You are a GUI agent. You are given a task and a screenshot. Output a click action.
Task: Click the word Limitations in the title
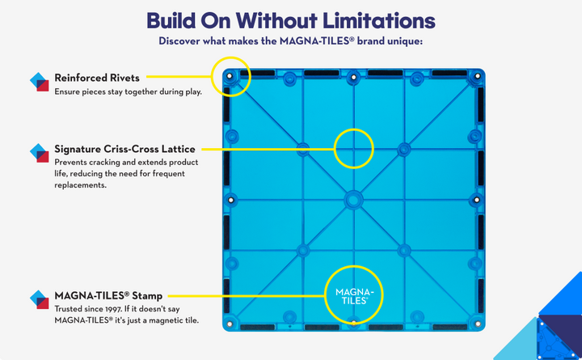click(378, 21)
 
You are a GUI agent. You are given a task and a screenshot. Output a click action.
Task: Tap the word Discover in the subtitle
click(179, 41)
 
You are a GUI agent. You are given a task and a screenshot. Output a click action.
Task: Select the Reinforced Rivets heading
click(97, 78)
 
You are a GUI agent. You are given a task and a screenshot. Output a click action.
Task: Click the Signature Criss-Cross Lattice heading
click(124, 149)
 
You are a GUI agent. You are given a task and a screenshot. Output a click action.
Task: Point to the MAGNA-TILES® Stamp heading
click(108, 296)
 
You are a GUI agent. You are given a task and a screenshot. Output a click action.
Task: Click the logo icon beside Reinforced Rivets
click(40, 82)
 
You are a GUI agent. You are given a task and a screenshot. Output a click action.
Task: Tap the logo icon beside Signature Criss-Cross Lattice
click(40, 153)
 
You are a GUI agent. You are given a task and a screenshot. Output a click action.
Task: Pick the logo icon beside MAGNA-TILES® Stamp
click(40, 299)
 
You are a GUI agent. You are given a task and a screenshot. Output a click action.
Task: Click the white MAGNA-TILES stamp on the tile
click(354, 296)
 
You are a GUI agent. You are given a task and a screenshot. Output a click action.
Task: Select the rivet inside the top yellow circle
click(230, 76)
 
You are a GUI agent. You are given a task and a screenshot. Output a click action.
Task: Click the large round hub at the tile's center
click(353, 201)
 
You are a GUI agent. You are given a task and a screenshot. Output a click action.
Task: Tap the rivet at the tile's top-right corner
click(478, 76)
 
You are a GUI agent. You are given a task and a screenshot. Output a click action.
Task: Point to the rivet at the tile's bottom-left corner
click(230, 324)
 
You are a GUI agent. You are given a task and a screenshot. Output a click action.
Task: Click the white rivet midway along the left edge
click(231, 201)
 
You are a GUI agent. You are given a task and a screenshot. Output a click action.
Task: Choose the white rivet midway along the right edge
click(477, 201)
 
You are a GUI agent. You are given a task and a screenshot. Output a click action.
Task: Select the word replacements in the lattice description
click(81, 185)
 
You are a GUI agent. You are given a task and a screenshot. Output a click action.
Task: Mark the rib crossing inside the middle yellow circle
click(354, 149)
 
